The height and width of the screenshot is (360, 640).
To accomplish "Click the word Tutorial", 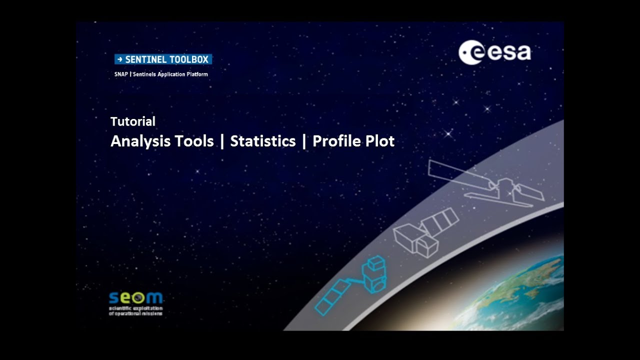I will (x=132, y=121).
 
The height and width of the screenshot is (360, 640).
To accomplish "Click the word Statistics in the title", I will (x=262, y=141).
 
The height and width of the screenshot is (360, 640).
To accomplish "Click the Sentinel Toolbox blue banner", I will (x=163, y=59).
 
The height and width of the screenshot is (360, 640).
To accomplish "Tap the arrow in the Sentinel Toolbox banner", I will (x=119, y=59).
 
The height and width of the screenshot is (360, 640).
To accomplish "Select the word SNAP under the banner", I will (x=120, y=74).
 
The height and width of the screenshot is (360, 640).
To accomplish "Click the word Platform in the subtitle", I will (x=196, y=74).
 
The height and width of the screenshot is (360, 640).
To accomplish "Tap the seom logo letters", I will (x=135, y=298).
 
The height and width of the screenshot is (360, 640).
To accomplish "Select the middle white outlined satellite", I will (x=425, y=232).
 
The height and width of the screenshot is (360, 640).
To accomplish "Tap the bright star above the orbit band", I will (x=448, y=133).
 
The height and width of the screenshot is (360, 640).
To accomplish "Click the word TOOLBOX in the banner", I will (x=188, y=59).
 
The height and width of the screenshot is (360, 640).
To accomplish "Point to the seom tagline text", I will (x=135, y=311).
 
